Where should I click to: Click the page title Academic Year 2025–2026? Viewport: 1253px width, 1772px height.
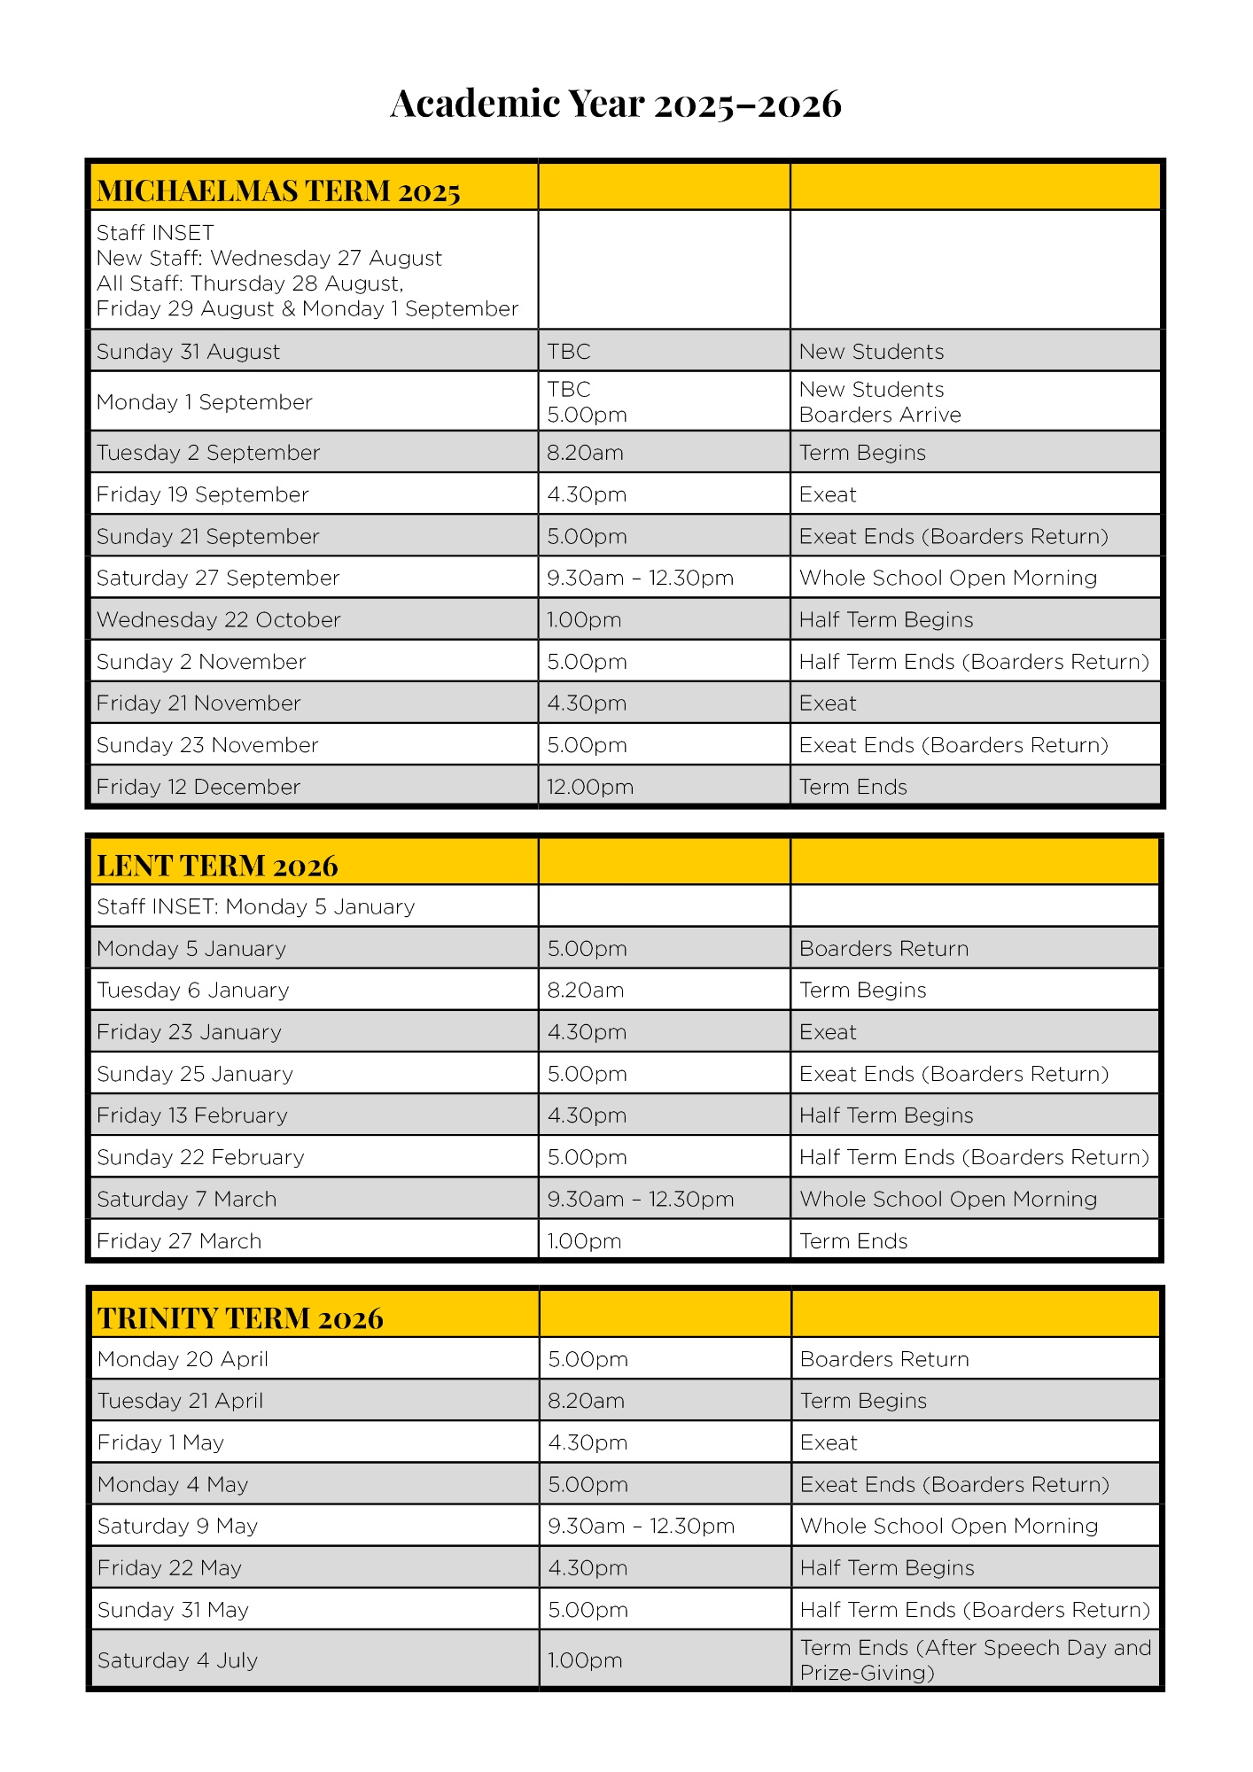point(616,104)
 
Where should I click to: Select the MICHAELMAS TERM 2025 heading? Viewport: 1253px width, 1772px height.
point(278,191)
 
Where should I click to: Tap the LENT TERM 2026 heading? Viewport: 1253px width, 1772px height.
point(217,866)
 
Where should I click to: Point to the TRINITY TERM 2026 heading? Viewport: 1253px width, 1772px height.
point(240,1318)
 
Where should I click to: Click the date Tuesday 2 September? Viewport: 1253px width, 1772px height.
point(208,453)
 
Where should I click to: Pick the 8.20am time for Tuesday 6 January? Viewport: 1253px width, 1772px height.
point(585,991)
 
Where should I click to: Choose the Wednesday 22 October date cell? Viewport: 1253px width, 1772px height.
point(218,620)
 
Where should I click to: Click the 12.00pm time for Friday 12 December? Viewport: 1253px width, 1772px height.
point(589,788)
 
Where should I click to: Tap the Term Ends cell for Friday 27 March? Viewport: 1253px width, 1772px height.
point(853,1241)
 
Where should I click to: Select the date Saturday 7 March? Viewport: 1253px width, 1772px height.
point(187,1200)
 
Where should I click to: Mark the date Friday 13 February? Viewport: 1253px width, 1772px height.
point(192,1115)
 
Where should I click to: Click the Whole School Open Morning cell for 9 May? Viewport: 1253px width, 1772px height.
point(949,1527)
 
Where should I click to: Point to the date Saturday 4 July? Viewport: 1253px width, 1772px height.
point(177,1660)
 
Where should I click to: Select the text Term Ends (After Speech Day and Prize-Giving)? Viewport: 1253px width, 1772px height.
point(975,1660)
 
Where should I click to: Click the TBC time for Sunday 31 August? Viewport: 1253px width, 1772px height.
point(569,352)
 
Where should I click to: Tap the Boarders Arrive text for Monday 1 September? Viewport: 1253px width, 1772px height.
point(880,416)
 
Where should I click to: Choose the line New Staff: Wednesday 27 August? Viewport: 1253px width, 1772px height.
point(269,259)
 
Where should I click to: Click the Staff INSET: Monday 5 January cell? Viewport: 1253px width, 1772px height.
point(255,907)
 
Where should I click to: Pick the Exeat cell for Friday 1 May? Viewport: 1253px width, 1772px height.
point(829,1443)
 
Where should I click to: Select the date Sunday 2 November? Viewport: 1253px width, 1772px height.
point(201,662)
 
